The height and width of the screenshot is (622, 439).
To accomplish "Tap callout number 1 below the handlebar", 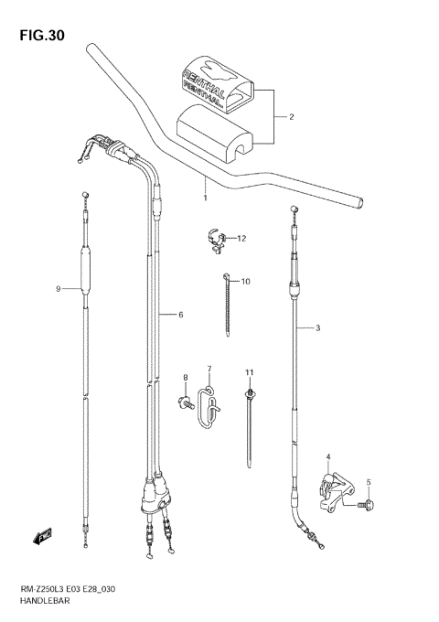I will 205,197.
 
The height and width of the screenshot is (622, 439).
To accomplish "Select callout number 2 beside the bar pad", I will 291,117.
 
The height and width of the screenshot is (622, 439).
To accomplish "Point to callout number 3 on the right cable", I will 317,328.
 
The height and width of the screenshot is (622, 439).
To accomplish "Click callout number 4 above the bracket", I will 329,456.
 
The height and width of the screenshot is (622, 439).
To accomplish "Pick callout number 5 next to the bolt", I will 369,482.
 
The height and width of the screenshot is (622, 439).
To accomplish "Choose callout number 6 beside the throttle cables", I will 181,315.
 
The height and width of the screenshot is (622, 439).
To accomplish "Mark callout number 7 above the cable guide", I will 209,370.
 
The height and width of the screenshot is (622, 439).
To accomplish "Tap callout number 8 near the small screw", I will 185,378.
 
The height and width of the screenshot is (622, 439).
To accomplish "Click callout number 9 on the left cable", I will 58,289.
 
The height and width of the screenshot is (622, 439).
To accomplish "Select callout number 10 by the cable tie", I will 245,282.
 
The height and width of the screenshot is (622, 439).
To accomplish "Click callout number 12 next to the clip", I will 242,239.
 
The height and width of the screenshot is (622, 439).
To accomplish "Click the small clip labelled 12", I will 217,239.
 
